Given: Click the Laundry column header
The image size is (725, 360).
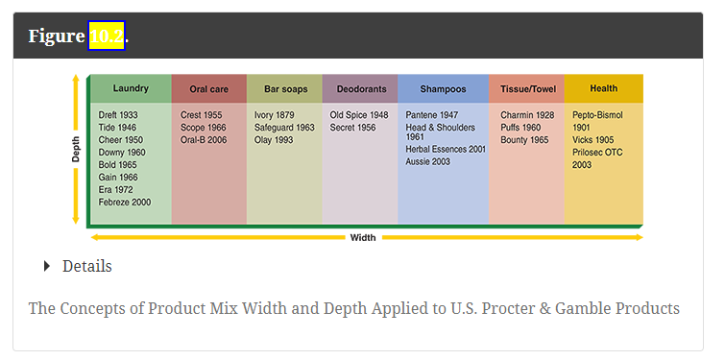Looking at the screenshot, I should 131,88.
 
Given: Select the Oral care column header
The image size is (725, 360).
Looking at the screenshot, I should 208,89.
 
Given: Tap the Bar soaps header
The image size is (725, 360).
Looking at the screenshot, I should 285,89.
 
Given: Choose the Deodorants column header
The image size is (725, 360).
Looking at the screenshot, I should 360,89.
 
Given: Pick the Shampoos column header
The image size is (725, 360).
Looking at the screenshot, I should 443,89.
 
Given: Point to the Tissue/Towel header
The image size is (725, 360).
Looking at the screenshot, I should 527,89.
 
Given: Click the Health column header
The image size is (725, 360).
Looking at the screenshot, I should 603,88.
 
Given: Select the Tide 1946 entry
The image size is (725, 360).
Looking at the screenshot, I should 117,128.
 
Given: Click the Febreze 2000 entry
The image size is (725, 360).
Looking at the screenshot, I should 125,203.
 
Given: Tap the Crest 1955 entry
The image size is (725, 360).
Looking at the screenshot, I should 201,115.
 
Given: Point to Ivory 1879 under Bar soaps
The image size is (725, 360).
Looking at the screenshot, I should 275,115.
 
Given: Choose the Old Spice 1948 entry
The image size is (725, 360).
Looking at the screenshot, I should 358,115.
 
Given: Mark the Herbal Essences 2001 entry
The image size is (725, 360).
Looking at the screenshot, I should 446,150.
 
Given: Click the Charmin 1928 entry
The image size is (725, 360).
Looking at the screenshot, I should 527,115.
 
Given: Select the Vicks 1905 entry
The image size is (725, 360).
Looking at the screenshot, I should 592,140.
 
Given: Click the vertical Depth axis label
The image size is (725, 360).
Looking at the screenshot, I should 76,151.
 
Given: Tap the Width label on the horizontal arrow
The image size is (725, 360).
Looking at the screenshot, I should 363,237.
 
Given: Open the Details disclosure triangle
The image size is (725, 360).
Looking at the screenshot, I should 47,266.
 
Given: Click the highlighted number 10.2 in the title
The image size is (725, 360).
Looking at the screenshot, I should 107,36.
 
